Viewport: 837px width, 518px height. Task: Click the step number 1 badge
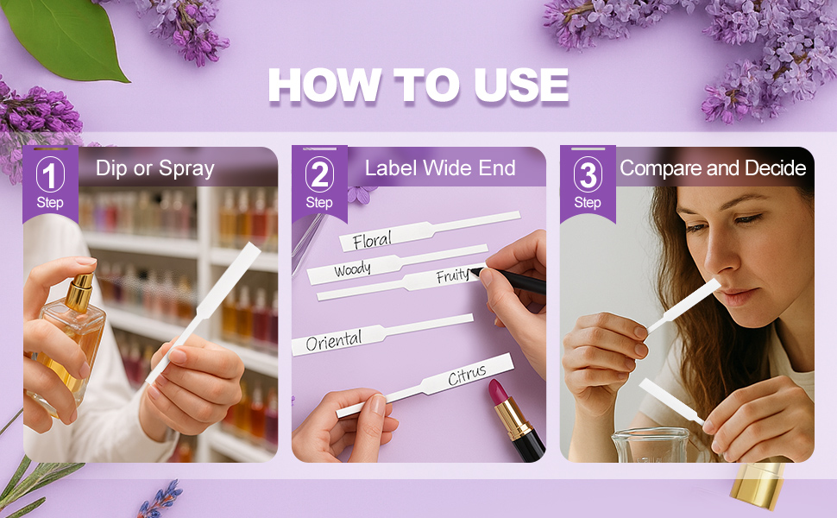(50, 176)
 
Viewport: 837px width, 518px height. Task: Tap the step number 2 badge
(319, 176)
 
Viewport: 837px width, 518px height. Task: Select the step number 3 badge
(588, 176)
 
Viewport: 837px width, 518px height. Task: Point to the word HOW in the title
(324, 85)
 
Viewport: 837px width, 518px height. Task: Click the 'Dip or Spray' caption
(155, 167)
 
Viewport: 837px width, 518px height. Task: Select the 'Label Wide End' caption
(440, 167)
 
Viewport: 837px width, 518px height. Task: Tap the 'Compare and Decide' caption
(713, 167)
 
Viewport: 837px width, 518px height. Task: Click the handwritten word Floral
(372, 239)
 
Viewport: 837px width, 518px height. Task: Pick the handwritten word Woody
(352, 269)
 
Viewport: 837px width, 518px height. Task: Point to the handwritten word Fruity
(452, 276)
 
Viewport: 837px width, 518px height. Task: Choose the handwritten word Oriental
(334, 340)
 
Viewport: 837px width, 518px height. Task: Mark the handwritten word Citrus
(467, 376)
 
